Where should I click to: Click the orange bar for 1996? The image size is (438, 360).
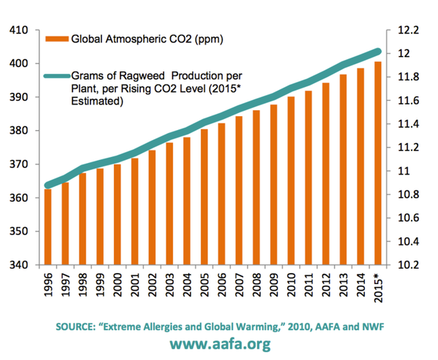point(47,227)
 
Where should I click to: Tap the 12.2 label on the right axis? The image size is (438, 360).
point(406,31)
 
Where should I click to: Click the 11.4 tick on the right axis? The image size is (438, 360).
point(406,124)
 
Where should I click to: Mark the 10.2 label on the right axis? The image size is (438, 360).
point(406,265)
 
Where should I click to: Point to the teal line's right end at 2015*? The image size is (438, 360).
point(378,51)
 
